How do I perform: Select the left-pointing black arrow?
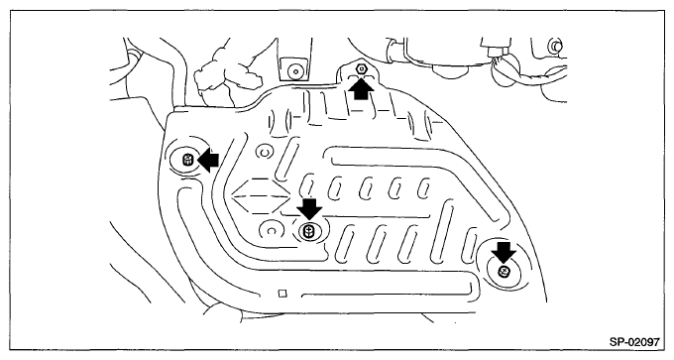tap(208, 161)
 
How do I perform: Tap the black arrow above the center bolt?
tap(309, 209)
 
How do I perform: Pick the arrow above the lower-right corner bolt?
tap(504, 252)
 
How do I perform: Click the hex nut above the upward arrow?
tap(361, 68)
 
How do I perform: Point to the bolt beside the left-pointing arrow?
tap(188, 160)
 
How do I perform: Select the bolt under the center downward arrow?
tap(308, 231)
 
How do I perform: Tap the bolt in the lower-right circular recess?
tap(504, 272)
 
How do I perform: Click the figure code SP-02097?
tap(634, 342)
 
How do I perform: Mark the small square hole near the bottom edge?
tap(282, 294)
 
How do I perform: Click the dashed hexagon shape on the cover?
tap(261, 195)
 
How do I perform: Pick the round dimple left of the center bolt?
tap(271, 231)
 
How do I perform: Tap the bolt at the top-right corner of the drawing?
tap(555, 46)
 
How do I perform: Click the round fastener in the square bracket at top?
tap(295, 70)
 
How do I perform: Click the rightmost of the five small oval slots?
tap(423, 188)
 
